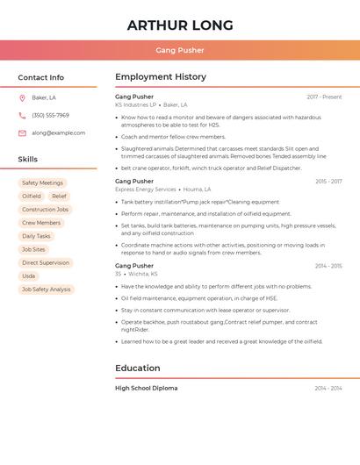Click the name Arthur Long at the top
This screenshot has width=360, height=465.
click(x=180, y=25)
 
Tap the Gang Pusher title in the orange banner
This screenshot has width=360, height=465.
click(x=180, y=50)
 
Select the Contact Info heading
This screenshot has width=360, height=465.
click(x=40, y=77)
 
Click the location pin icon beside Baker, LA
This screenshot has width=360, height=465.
click(x=22, y=97)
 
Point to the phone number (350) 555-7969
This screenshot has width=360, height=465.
click(x=50, y=115)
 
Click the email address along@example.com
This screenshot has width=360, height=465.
click(x=58, y=132)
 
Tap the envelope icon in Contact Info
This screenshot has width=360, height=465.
click(x=22, y=132)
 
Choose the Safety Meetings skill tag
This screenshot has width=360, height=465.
click(x=42, y=182)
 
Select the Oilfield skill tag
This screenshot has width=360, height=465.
click(x=32, y=196)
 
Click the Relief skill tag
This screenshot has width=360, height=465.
click(x=59, y=196)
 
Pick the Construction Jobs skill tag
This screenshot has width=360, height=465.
click(x=45, y=210)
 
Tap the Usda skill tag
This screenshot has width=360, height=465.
click(x=29, y=275)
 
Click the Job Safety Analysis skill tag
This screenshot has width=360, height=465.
click(x=47, y=289)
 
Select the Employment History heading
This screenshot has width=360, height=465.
click(x=161, y=77)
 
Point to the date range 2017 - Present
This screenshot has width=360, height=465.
click(x=324, y=97)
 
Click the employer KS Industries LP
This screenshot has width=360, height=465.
click(x=135, y=104)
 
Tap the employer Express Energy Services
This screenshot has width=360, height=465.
click(x=146, y=189)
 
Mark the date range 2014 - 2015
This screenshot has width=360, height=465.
click(x=328, y=265)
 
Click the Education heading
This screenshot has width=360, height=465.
click(x=138, y=368)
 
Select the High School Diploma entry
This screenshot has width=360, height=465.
click(x=146, y=388)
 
